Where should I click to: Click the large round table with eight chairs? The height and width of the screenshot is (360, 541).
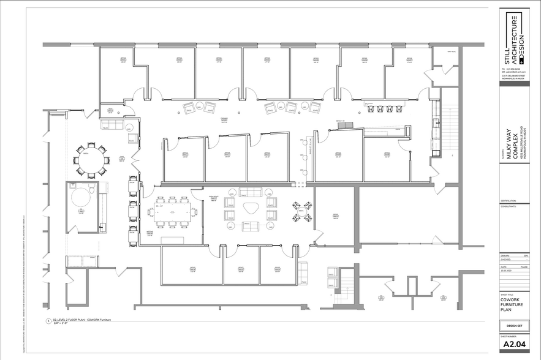[91, 160]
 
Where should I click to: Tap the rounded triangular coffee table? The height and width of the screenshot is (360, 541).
[250, 209]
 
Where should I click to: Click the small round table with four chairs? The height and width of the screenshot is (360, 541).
[301, 209]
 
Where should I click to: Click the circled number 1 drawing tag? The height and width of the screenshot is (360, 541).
[48, 321]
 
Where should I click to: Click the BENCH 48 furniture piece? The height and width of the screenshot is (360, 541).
[345, 126]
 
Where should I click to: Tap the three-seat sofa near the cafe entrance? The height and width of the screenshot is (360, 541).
[112, 125]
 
